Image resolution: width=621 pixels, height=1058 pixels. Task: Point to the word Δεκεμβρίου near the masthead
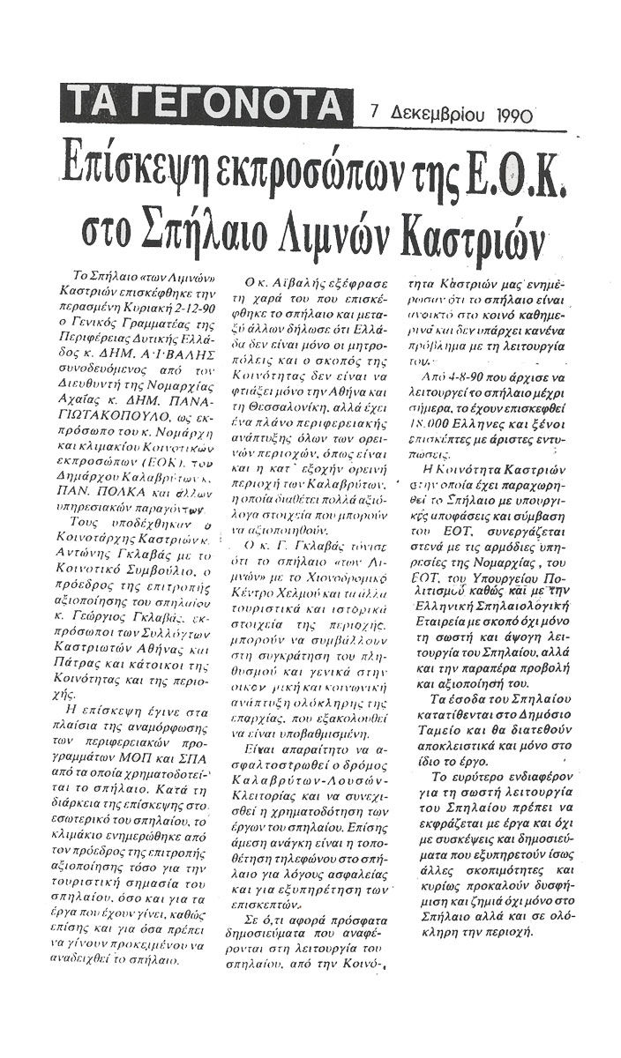point(428,115)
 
